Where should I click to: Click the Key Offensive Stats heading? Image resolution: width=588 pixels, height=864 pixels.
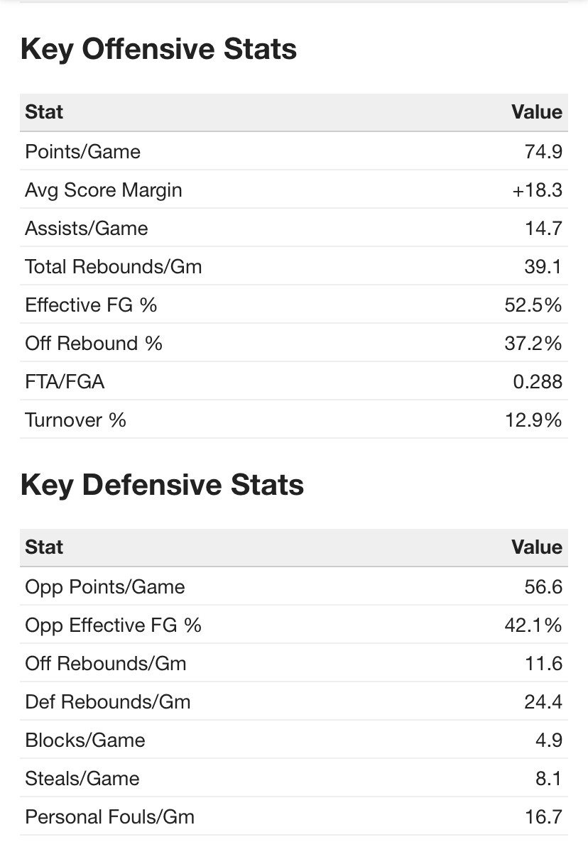coord(158,49)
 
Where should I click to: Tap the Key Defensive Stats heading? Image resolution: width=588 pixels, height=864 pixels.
coord(162,485)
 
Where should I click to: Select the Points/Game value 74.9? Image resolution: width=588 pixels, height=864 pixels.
coord(543,151)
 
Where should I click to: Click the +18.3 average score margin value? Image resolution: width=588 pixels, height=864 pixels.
coord(537,190)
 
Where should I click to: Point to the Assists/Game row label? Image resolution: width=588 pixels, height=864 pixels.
coord(87,228)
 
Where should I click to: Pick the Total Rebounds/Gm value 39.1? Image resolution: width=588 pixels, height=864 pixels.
coord(543,266)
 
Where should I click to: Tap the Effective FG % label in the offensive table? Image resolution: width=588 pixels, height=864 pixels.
coord(91,305)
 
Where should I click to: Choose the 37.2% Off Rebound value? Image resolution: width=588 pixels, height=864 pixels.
coord(533,343)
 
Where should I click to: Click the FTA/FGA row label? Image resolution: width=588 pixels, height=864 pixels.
coord(65,381)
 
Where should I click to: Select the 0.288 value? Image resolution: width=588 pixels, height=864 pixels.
coord(538,381)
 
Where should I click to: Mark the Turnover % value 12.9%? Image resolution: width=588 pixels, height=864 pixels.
coord(533,420)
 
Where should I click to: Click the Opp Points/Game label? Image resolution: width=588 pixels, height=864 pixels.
coord(104,586)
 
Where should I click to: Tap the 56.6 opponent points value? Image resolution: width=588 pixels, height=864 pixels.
coord(543,586)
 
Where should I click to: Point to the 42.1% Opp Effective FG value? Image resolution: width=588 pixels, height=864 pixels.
coord(533,625)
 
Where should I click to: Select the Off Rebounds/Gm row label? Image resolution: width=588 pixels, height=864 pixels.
coord(105,663)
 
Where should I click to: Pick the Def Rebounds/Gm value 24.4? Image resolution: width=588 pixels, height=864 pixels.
coord(543,701)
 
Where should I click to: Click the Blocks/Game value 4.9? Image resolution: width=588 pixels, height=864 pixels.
coord(549,740)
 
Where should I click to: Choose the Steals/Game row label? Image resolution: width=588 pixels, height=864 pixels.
coord(82,778)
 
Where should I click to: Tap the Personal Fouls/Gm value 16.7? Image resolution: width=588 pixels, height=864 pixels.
coord(543,816)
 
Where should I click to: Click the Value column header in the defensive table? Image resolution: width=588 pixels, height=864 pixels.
coord(536,547)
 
